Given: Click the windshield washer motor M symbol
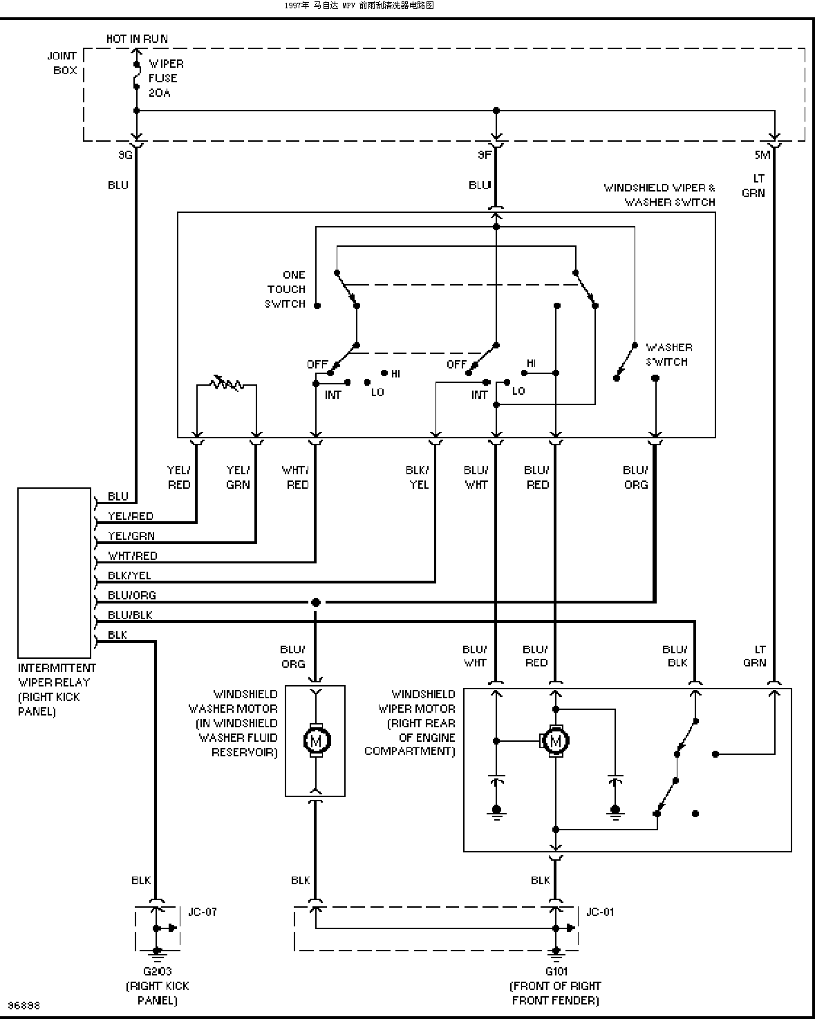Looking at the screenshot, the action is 317,740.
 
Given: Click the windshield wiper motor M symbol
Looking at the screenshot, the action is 556,741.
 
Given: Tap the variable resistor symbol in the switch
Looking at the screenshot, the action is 227,383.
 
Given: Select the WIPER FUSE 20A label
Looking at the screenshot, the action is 166,78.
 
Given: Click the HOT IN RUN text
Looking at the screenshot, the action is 137,39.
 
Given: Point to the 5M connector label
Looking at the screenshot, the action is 762,155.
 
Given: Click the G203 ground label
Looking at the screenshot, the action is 157,971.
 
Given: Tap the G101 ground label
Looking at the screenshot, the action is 556,971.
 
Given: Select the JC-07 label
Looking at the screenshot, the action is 203,912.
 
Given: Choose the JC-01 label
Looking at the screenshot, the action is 600,912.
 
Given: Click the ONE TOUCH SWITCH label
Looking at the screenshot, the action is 285,290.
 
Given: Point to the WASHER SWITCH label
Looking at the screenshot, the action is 668,355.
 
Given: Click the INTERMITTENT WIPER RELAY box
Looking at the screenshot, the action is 54,573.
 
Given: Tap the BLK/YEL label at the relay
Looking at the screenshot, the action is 129,575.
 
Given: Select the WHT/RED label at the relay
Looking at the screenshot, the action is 133,555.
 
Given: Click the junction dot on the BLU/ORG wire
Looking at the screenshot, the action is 316,602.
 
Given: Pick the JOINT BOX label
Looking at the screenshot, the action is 62,63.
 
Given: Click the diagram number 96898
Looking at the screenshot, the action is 24,1005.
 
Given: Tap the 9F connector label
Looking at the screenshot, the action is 485,155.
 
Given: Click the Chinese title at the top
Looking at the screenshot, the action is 359,6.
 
